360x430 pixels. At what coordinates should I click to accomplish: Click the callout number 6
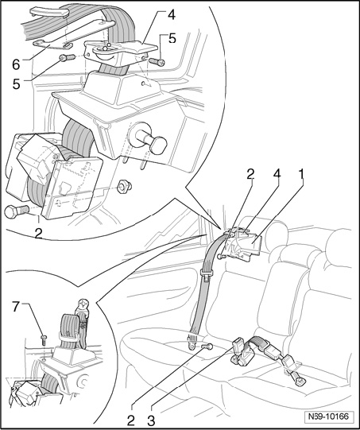click(16, 64)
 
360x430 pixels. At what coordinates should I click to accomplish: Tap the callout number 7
click(16, 307)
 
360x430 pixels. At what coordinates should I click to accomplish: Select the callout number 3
click(151, 420)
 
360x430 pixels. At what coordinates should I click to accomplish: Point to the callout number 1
click(301, 174)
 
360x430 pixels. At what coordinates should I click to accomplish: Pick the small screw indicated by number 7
click(44, 339)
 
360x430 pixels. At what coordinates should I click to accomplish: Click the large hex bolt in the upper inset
click(17, 211)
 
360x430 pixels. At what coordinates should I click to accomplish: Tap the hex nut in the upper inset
click(124, 187)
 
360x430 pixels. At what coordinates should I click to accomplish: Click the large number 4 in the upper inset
click(171, 15)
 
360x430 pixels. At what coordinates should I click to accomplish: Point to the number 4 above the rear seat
click(277, 174)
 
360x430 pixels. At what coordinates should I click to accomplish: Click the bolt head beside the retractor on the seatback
click(221, 256)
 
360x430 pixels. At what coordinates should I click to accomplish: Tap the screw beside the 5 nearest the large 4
click(157, 61)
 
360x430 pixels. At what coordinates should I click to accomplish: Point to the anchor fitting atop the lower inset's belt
click(83, 306)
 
